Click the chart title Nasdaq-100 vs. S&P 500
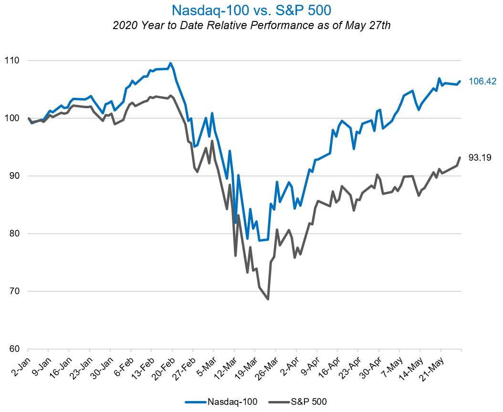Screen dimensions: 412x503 [251, 10]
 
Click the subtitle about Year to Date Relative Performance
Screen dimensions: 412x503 [251, 26]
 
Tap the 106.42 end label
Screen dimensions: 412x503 [482, 82]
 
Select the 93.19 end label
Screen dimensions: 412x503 [480, 158]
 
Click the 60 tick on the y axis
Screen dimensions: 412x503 [14, 349]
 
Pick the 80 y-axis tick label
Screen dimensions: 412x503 [14, 234]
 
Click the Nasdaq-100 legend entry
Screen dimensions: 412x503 [221, 402]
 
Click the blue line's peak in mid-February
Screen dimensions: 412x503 [170, 63]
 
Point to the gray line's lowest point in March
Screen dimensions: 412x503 [268, 299]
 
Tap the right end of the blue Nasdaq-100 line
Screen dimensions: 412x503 [460, 82]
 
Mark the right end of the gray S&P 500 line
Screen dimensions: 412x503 [460, 158]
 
